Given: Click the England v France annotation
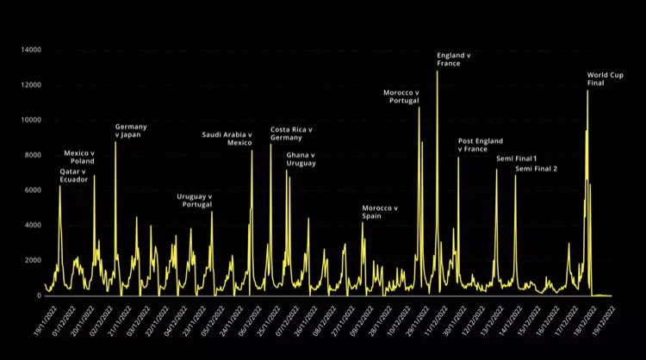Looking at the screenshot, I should pos(454,59).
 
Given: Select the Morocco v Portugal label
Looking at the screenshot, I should pos(401,96).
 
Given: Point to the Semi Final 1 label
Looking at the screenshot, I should pos(516,158).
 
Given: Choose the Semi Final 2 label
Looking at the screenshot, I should pos(536,169).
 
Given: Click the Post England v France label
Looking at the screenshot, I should pos(480,145).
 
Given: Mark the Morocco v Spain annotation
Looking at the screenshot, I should pos(380,212).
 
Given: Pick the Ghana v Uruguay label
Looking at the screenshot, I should pos(301,158).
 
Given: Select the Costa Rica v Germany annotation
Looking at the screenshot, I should pos(291,133).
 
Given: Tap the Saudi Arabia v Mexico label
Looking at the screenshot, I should pos(227,139).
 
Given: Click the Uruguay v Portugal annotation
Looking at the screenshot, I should pos(195,200).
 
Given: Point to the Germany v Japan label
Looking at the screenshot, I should pos(131,131).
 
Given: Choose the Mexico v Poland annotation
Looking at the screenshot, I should pos(79,157).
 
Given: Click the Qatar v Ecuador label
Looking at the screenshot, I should pos(73,176).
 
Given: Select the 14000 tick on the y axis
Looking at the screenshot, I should pos(30,50).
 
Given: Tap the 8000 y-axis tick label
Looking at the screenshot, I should pos(33,155).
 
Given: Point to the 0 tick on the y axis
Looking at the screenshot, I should pos(39,295).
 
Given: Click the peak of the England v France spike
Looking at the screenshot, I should pos(437,71).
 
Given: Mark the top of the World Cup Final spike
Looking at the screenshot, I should pos(587,90).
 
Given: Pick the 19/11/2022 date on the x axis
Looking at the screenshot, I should pos(37,320).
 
